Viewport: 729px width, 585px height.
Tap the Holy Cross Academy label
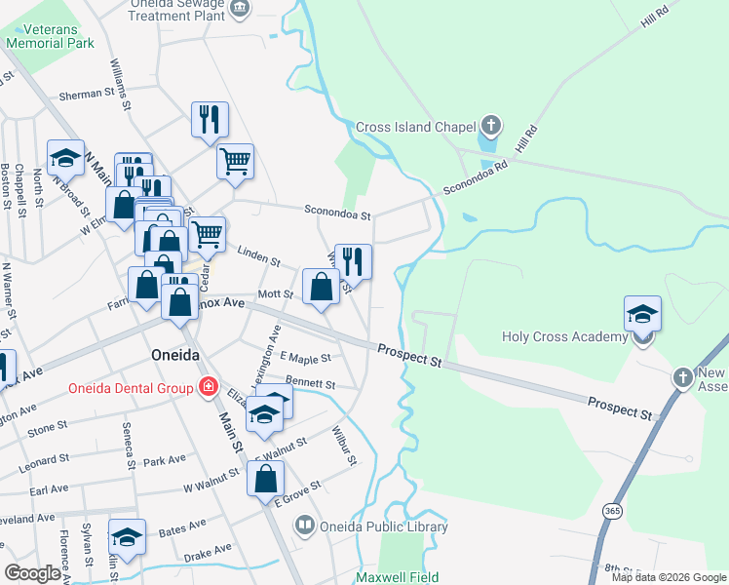[x=564, y=337]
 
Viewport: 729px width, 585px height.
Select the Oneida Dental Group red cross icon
[x=207, y=388]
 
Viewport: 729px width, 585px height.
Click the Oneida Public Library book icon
[x=304, y=526]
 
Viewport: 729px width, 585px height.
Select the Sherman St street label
[x=87, y=95]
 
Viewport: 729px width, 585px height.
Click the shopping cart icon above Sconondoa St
[x=235, y=160]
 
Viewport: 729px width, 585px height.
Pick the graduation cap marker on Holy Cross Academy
[x=642, y=313]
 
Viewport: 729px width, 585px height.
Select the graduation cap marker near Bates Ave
[x=127, y=536]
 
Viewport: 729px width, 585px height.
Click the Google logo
[x=32, y=573]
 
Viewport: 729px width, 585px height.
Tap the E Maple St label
[x=305, y=359]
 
